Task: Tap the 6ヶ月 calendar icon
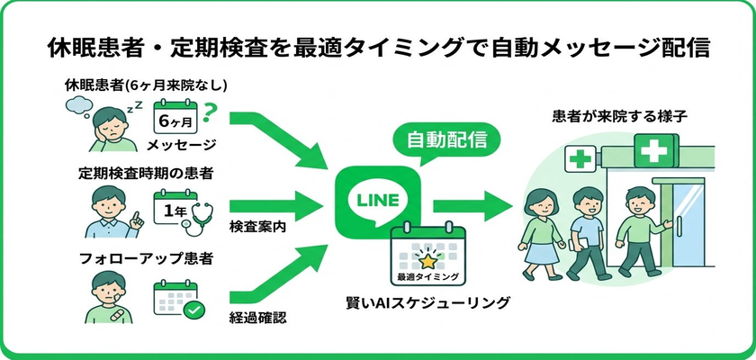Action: (176, 117)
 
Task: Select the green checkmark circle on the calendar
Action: (192, 309)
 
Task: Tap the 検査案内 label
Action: (257, 227)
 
